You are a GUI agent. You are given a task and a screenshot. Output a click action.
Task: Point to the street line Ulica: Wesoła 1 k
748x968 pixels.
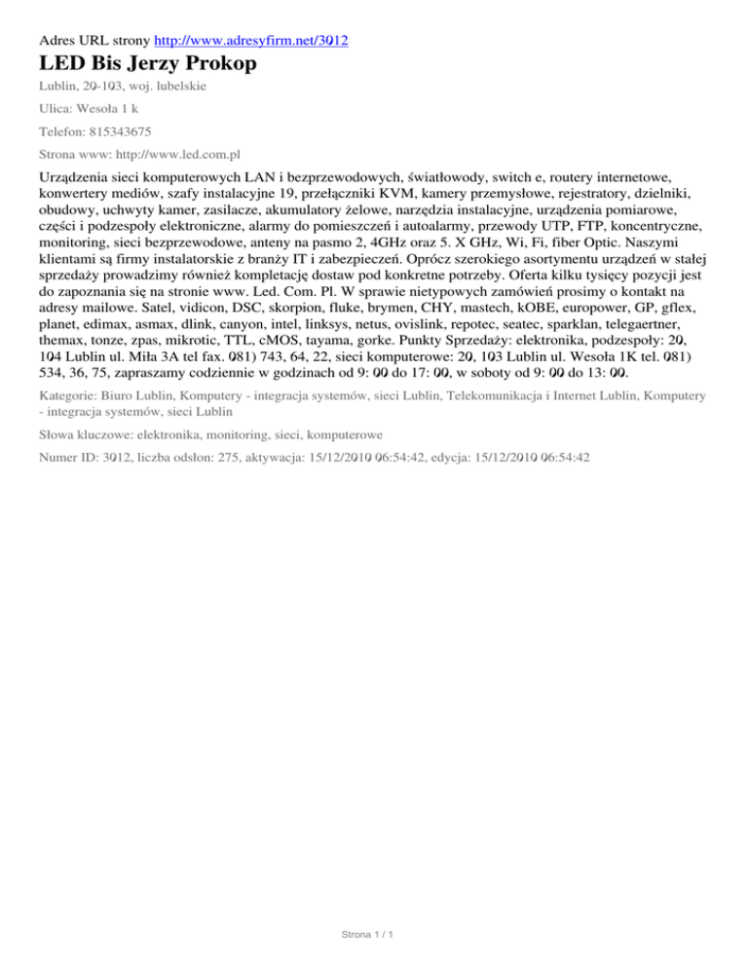(x=88, y=108)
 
